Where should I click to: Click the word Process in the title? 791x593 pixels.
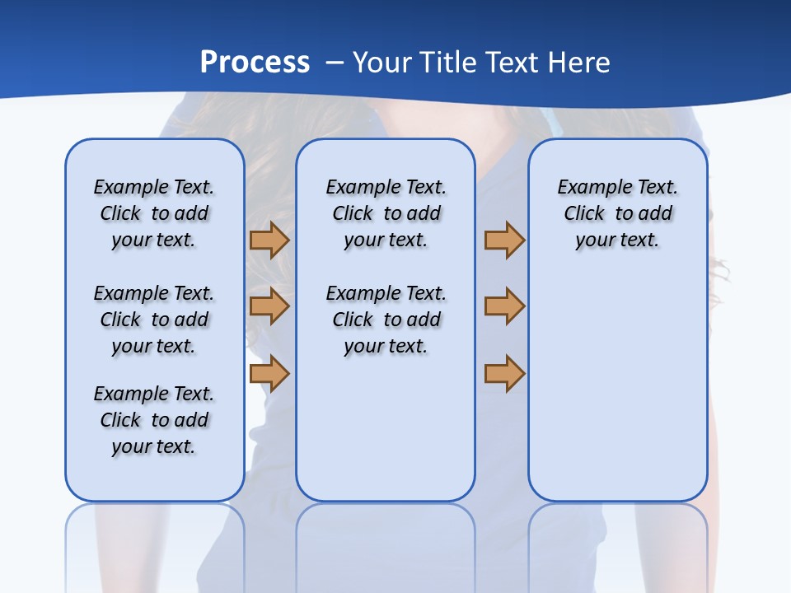click(x=255, y=63)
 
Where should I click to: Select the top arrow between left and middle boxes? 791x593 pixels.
click(x=269, y=240)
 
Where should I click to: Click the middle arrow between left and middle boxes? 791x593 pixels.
click(x=269, y=306)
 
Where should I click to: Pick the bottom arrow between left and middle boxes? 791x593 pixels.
click(x=269, y=373)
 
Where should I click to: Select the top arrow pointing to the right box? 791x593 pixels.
click(x=504, y=240)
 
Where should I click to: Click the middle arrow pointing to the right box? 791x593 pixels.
click(x=504, y=306)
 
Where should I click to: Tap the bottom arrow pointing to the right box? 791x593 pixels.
click(x=504, y=373)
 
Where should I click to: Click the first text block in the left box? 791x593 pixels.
click(x=154, y=213)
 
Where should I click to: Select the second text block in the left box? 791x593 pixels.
click(x=154, y=320)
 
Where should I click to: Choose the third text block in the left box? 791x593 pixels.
click(x=154, y=420)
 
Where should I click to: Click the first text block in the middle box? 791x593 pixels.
click(x=386, y=213)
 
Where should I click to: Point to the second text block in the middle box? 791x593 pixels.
click(x=386, y=320)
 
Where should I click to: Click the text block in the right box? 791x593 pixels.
click(x=618, y=213)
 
